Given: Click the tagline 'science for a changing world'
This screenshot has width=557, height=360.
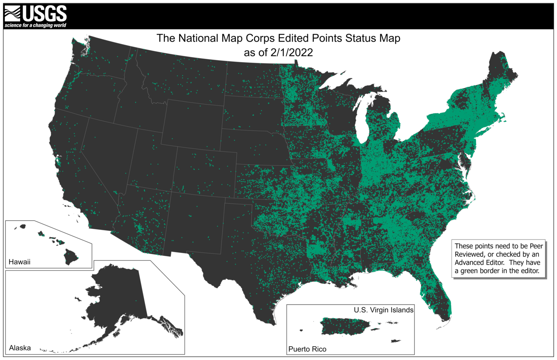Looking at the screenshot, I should [x=35, y=25].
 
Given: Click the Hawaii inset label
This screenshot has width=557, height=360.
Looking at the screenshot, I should [x=19, y=262].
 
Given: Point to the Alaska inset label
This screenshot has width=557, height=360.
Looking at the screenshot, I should [x=20, y=347].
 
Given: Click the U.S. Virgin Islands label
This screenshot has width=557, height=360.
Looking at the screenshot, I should [x=383, y=310].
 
